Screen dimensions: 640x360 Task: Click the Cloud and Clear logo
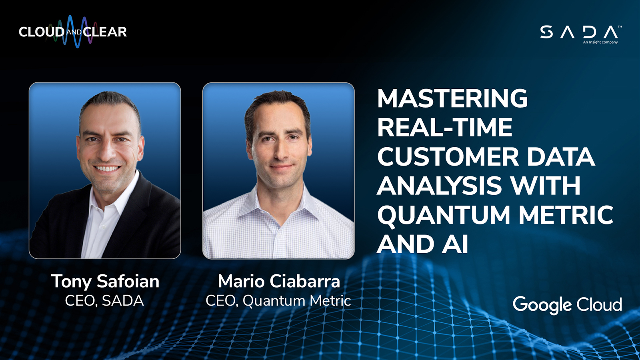point(73,32)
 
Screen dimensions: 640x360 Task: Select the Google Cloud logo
point(567,305)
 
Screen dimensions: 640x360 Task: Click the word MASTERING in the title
point(452,98)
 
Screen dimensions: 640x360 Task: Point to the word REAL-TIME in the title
point(444,128)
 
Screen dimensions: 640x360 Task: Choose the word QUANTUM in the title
point(444,215)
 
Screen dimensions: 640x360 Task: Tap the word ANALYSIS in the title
point(440,186)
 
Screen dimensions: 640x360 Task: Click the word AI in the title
point(455,244)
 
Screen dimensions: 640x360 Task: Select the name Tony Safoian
point(105,281)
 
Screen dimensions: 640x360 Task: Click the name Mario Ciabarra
point(279,281)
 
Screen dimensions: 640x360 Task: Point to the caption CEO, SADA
point(104,300)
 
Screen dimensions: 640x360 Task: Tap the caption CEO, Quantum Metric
point(278,301)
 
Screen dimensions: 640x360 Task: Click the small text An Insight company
point(600,42)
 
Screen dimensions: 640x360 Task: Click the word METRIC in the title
point(566,215)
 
